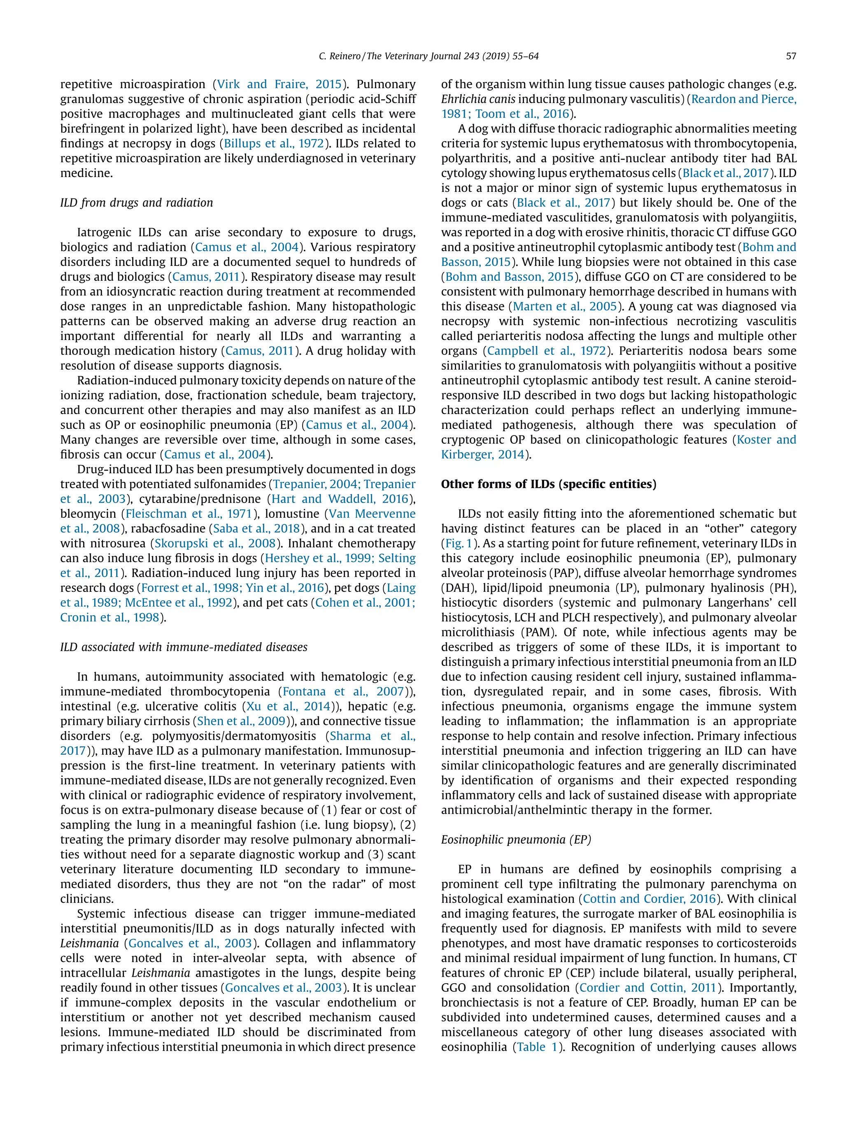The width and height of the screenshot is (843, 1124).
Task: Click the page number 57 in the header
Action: (x=791, y=56)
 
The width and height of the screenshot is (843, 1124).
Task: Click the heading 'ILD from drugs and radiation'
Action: (x=136, y=203)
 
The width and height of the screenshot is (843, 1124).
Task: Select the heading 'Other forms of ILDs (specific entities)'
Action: (x=548, y=484)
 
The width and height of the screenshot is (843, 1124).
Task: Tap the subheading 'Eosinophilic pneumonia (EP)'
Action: (x=516, y=840)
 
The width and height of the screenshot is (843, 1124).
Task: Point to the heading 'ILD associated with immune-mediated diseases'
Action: (x=184, y=647)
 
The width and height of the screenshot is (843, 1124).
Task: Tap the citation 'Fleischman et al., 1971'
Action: (x=189, y=514)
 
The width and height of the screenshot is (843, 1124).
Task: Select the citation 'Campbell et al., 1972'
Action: (x=546, y=351)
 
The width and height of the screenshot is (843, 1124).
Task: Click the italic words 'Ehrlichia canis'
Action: (x=476, y=99)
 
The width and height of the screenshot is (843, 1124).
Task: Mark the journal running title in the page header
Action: (x=428, y=56)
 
